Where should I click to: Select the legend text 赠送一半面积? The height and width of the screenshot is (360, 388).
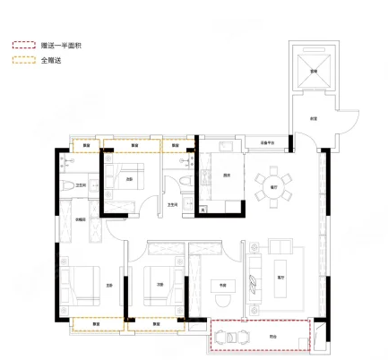(x=56, y=44)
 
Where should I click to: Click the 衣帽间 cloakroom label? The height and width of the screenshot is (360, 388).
(x=81, y=218)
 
